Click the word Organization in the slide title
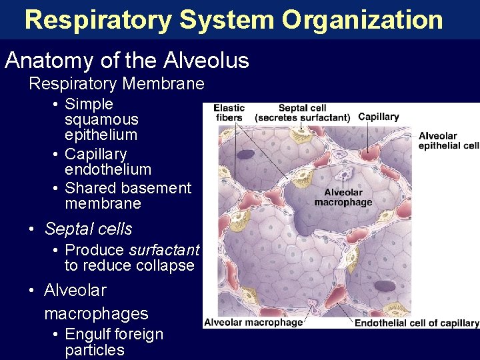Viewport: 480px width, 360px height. [362, 20]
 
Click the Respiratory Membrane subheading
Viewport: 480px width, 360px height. [116, 84]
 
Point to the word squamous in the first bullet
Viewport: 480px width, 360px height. [101, 119]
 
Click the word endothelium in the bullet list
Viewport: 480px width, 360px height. [108, 169]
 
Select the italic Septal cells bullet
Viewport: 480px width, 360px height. [88, 229]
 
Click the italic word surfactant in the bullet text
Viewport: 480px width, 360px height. [164, 250]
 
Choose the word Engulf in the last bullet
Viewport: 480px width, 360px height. [89, 334]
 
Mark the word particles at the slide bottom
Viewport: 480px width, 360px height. [95, 350]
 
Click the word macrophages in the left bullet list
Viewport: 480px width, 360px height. [96, 313]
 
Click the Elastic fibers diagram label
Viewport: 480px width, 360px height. [229, 113]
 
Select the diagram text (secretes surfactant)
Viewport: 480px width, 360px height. [302, 117]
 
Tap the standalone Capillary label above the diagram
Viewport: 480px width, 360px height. [378, 117]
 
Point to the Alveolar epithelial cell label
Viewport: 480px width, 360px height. [448, 141]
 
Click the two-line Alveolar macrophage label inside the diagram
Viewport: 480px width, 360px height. [343, 197]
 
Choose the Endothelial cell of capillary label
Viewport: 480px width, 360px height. [417, 323]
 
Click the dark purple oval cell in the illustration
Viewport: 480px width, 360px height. [385, 286]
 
